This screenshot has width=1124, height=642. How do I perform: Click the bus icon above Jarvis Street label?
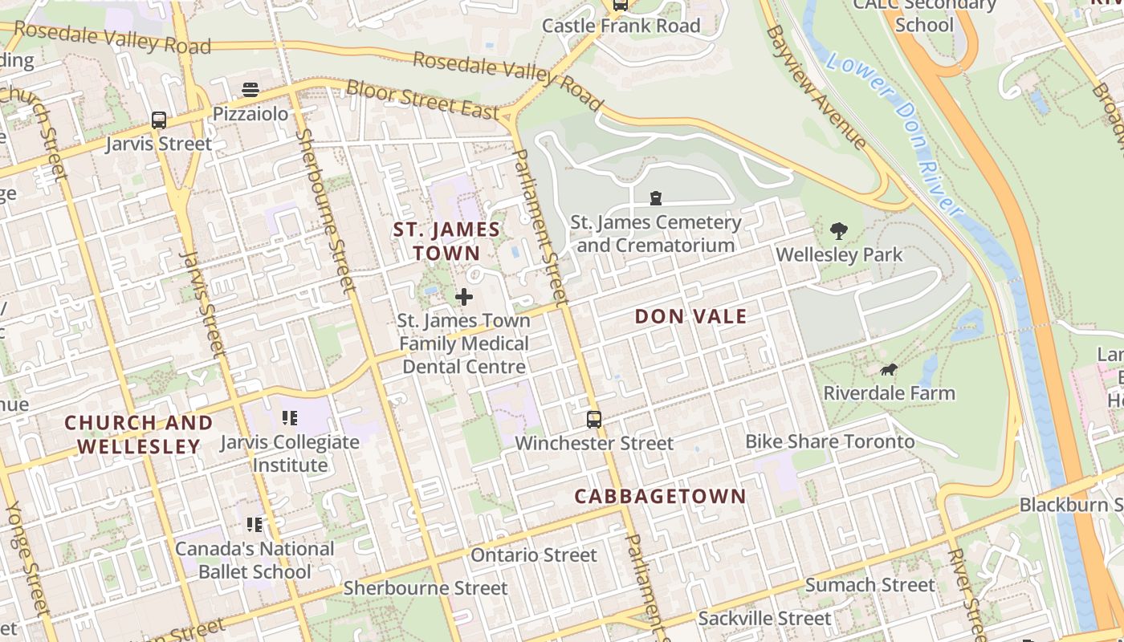tap(159, 120)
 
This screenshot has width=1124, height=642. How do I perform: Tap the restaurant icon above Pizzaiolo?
tap(250, 89)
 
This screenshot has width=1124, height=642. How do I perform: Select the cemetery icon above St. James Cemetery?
tap(656, 198)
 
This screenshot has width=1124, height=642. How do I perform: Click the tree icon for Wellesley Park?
tap(839, 232)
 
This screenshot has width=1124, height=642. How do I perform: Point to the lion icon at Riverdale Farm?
tap(889, 370)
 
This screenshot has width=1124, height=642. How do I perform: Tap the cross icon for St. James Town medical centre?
tap(464, 297)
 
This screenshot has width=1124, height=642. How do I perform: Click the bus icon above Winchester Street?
tap(594, 420)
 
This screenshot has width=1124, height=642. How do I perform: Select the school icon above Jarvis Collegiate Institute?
tap(290, 418)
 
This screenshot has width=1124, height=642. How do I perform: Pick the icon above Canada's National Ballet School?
tap(255, 525)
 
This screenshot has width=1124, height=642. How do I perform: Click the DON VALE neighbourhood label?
tap(690, 316)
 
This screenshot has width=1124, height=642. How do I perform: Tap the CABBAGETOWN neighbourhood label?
tap(660, 496)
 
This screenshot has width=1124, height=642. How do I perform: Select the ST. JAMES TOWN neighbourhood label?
tap(446, 241)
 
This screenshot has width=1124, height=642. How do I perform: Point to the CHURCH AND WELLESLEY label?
tap(139, 434)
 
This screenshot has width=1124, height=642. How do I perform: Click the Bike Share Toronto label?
tap(829, 441)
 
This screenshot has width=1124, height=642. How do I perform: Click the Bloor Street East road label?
tap(423, 100)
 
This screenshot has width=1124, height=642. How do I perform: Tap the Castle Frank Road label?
tap(621, 26)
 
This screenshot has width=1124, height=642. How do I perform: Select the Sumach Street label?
tap(869, 585)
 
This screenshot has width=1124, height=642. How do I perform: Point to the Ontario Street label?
tap(534, 555)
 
